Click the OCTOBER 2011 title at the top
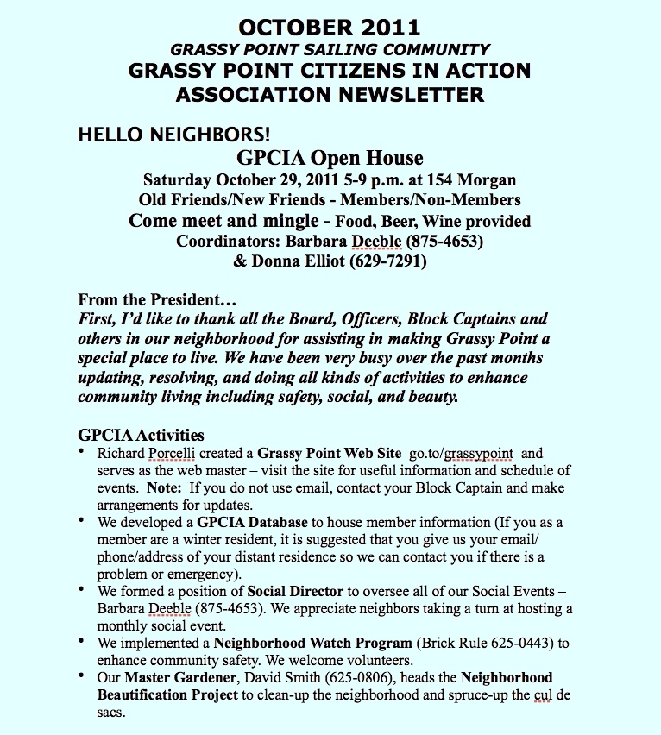[330, 27]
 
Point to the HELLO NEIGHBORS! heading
[174, 135]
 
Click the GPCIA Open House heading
[330, 158]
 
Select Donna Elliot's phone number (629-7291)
[385, 260]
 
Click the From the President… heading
[157, 300]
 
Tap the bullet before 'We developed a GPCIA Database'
[80, 521]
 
